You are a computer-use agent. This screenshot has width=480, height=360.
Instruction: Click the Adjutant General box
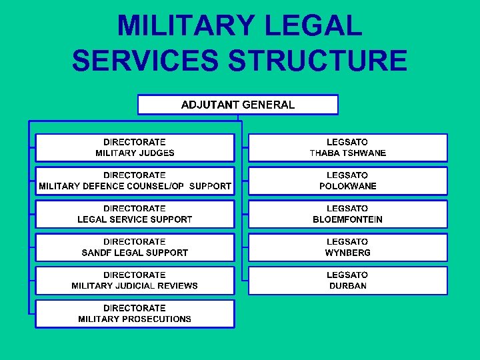click(x=237, y=105)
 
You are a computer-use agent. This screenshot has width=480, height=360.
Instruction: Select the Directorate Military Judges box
click(x=135, y=147)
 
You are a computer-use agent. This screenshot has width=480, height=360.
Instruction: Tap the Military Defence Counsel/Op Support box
click(x=135, y=181)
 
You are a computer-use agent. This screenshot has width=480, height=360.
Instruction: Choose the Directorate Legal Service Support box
click(x=135, y=214)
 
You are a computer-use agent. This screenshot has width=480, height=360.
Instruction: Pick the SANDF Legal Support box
click(x=135, y=247)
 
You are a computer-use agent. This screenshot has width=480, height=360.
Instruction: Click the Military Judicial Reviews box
click(x=135, y=281)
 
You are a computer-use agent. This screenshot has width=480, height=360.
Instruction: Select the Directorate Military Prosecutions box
click(x=135, y=314)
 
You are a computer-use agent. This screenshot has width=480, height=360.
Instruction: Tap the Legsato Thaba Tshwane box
click(x=347, y=147)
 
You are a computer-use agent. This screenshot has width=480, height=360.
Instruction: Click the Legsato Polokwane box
click(x=347, y=181)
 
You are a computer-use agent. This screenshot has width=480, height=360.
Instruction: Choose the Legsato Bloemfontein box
click(x=347, y=214)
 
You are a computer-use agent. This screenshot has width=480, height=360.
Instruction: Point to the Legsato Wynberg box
click(x=347, y=247)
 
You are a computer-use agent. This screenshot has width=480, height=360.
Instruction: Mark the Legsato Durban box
click(x=347, y=281)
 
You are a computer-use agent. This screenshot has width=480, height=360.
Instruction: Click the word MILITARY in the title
click(x=184, y=26)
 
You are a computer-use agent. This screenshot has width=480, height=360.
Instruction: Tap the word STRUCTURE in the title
click(x=317, y=61)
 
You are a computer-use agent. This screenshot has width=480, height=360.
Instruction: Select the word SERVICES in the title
click(x=145, y=61)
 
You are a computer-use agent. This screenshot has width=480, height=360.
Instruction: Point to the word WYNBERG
click(x=348, y=253)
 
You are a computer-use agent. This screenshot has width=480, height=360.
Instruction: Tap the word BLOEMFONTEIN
click(x=348, y=219)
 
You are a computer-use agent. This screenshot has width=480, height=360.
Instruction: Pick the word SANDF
click(x=96, y=253)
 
